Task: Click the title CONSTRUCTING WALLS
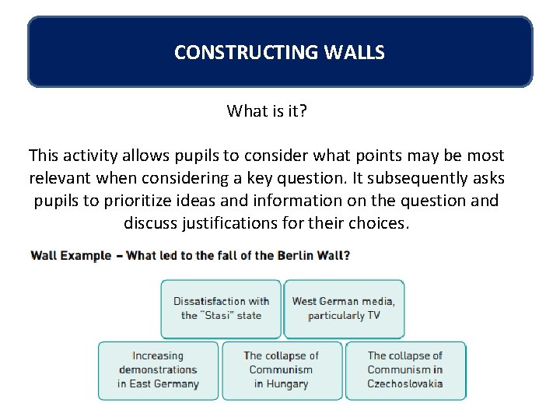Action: tap(279, 52)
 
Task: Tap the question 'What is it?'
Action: tap(267, 110)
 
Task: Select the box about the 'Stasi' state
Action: tap(221, 308)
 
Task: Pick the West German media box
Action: tap(343, 308)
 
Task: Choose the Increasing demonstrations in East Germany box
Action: tap(158, 369)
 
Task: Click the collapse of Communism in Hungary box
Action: tap(281, 369)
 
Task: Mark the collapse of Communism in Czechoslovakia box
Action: tap(404, 369)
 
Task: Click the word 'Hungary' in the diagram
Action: tap(281, 383)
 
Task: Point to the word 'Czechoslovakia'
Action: tap(404, 383)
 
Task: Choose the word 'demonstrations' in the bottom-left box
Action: tap(158, 369)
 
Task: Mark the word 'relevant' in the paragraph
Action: tap(60, 178)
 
